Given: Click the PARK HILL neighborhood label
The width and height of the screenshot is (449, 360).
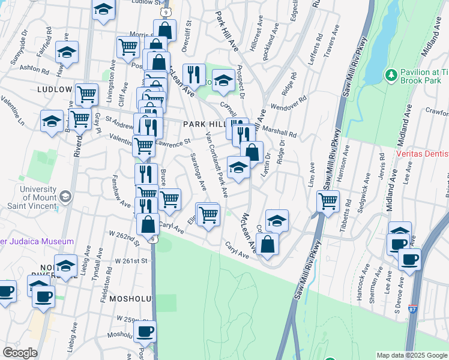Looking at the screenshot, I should [203, 124].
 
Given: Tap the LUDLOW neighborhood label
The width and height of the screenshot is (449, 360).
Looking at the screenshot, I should [55, 89].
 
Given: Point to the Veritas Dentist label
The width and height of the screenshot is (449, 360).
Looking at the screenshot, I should [423, 154].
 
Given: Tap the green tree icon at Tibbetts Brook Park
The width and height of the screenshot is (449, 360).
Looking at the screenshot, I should [391, 75].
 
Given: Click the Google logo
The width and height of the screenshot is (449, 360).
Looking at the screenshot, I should [20, 352].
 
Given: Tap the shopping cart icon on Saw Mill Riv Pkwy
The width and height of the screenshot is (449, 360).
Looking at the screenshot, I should [328, 202].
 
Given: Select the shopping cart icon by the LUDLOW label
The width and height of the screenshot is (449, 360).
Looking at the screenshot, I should [87, 94].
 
